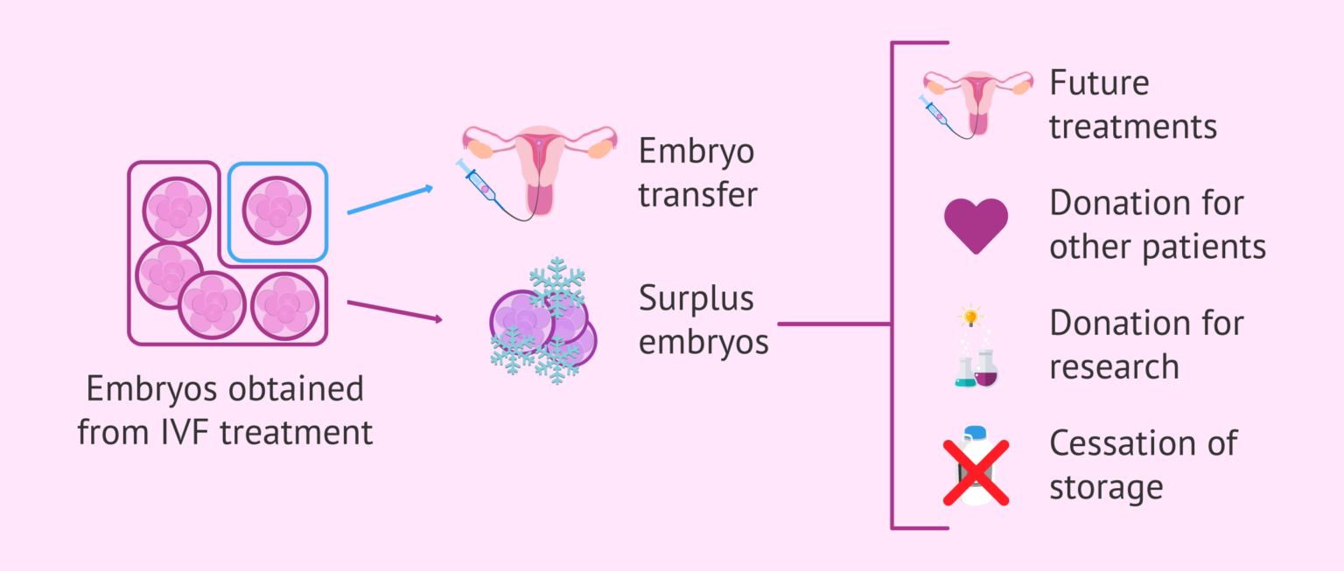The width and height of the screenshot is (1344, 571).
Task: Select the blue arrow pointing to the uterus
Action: [x=389, y=199]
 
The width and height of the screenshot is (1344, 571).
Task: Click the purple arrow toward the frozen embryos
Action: [x=395, y=311]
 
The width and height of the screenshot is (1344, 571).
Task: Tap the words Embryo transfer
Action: [x=696, y=172]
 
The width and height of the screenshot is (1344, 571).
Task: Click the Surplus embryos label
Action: [x=703, y=320]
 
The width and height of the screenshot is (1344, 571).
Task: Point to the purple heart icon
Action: [x=976, y=225]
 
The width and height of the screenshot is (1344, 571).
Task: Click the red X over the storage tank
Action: [x=976, y=473]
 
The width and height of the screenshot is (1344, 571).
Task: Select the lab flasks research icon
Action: [x=976, y=367]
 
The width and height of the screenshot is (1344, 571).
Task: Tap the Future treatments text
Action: [x=1132, y=105]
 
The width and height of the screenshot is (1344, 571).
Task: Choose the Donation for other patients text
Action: [x=1157, y=225]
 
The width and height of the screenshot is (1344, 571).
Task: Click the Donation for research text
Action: [x=1146, y=345]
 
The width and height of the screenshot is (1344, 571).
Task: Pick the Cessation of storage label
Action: [x=1143, y=464]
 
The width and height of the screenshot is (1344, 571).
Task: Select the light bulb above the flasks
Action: [x=970, y=315]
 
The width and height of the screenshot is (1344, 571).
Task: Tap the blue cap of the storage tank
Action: [x=975, y=433]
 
